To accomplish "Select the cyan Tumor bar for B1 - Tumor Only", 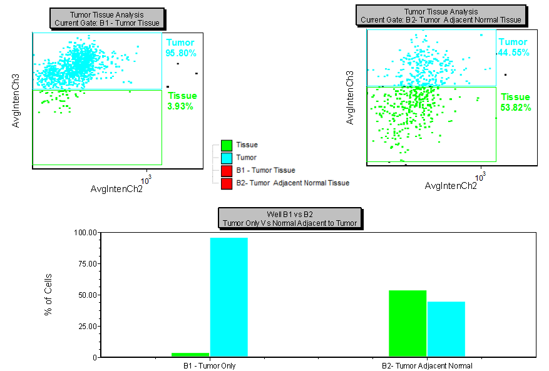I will click(228, 297).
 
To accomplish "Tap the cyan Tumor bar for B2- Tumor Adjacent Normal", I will click(446, 329).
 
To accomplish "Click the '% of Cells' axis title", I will click(48, 294).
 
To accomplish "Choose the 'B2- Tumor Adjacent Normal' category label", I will click(427, 365).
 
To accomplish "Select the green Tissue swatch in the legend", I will click(227, 145).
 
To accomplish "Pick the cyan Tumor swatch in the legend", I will click(227, 158).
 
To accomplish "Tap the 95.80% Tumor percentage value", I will click(181, 53).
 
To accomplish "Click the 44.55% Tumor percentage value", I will click(514, 53).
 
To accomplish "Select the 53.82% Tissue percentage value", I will click(515, 108).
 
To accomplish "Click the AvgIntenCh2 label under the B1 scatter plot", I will click(116, 189).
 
